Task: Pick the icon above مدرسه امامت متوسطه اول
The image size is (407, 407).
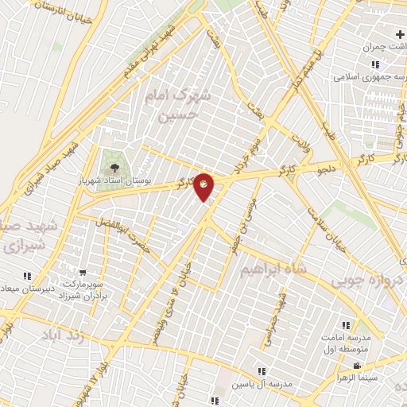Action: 346,325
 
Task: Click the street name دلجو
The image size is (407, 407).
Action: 328,169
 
